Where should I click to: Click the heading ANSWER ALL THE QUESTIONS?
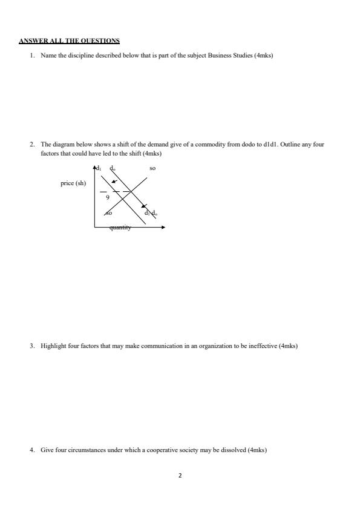click(69, 41)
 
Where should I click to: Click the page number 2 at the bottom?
click(180, 475)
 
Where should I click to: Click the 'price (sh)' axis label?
click(73, 183)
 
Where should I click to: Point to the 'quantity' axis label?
click(120, 228)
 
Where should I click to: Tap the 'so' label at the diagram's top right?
click(152, 168)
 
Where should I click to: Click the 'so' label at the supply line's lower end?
click(108, 213)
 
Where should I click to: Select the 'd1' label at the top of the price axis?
click(100, 168)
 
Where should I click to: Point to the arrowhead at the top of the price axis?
click(94, 166)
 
